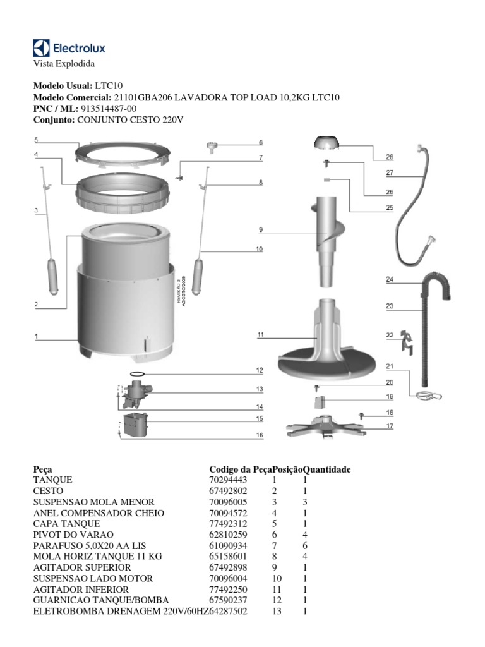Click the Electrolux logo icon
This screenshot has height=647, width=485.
(x=41, y=48)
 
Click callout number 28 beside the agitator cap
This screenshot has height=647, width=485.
(x=390, y=157)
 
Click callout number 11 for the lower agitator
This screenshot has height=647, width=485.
(x=260, y=336)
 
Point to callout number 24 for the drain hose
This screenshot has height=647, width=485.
(x=390, y=279)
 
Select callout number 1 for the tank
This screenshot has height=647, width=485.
(x=37, y=337)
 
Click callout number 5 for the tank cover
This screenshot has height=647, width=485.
(x=37, y=140)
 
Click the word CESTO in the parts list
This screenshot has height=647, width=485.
(x=48, y=492)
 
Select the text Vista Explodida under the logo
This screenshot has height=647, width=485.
(x=63, y=64)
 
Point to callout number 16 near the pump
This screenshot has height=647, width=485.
(x=260, y=435)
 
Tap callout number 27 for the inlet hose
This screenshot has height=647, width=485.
(x=390, y=172)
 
